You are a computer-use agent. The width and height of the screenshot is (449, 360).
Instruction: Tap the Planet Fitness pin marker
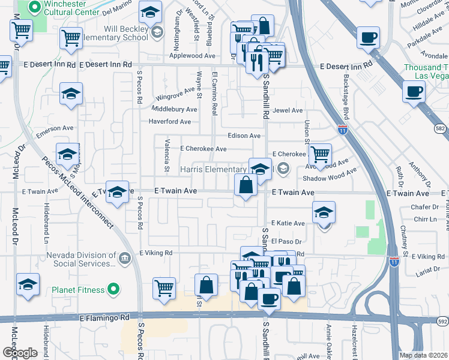(x=113, y=290)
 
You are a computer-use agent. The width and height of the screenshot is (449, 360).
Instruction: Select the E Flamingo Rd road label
(x=104, y=317)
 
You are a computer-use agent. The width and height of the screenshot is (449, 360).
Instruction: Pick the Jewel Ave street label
(x=288, y=110)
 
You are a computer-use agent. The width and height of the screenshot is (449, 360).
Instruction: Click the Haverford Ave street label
(x=170, y=122)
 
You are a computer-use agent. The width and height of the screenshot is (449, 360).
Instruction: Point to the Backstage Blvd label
(x=346, y=88)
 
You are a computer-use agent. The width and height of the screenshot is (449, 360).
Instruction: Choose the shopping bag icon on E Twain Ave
(x=246, y=185)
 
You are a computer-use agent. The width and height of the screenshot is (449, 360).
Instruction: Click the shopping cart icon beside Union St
(x=321, y=155)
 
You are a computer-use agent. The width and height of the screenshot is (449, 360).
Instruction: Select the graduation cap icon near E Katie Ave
(x=324, y=212)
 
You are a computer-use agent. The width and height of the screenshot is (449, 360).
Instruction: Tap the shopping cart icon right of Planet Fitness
(x=164, y=288)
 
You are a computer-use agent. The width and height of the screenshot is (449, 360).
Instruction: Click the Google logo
(x=20, y=352)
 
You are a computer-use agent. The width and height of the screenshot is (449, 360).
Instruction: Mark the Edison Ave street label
(x=244, y=136)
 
